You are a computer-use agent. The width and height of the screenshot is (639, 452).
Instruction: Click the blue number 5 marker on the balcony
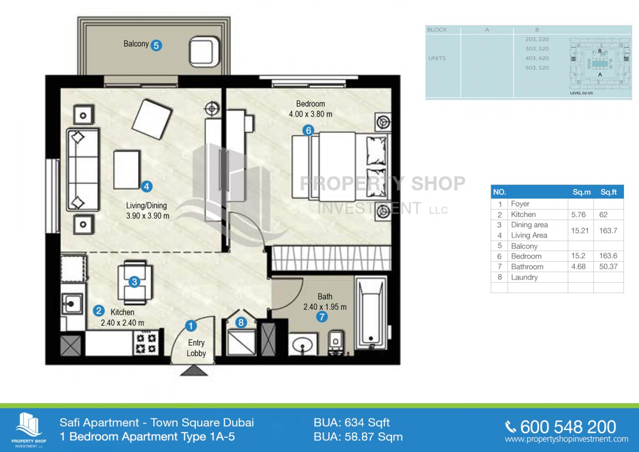tap(156, 45)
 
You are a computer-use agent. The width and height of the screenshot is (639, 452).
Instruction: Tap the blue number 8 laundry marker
tap(241, 322)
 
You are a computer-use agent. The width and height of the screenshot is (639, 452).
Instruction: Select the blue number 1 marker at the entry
tap(191, 326)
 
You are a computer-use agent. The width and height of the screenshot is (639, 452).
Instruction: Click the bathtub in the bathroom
tap(371, 313)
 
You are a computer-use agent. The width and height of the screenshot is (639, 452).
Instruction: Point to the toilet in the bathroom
tap(336, 343)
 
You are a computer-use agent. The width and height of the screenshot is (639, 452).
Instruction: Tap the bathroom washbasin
tap(303, 344)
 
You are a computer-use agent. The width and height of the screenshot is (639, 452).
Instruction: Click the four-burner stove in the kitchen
tap(146, 343)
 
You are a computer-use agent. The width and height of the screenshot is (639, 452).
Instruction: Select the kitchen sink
tap(72, 304)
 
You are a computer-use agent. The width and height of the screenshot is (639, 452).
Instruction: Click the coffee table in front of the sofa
tap(127, 170)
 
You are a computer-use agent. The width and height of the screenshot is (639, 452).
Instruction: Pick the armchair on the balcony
tap(204, 52)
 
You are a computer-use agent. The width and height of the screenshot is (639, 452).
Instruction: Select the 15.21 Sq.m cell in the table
tap(580, 231)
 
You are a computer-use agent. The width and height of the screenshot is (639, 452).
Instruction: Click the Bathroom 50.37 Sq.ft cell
tap(608, 267)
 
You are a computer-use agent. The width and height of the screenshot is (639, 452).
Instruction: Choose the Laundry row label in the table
tap(524, 277)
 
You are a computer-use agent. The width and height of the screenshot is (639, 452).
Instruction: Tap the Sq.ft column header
tap(608, 192)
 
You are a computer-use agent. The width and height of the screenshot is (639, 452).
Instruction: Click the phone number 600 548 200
tap(568, 427)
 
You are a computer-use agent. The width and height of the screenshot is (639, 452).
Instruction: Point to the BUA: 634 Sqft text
tap(352, 423)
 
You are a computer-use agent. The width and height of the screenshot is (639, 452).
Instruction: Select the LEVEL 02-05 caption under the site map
tap(581, 93)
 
